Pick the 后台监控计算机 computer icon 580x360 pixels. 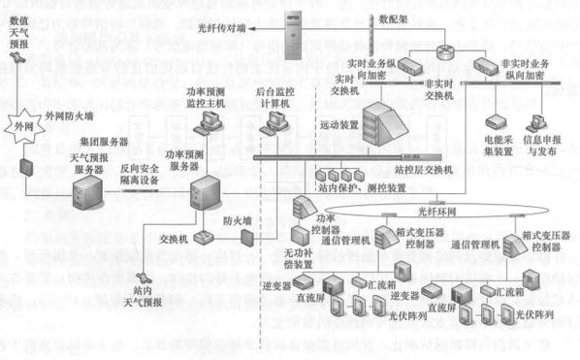coord(274,120)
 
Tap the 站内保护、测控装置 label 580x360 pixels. coord(369,187)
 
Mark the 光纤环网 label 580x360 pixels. coord(435,210)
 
